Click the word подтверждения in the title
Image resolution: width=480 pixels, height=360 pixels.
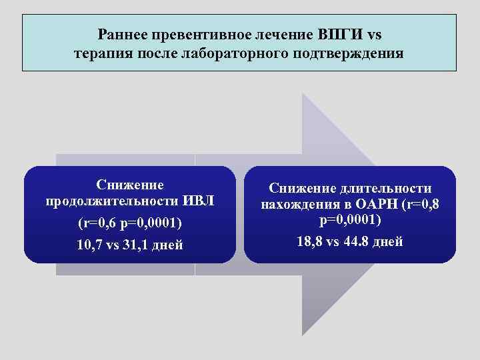pyautogui.click(x=347, y=52)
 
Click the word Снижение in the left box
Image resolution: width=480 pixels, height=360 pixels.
pyautogui.click(x=130, y=184)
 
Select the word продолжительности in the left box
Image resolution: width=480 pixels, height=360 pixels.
pyautogui.click(x=110, y=201)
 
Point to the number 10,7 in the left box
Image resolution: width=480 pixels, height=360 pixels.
pyautogui.click(x=90, y=245)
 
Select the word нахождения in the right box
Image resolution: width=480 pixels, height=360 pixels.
pyautogui.click(x=297, y=205)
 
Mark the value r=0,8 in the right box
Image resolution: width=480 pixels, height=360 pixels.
pyautogui.click(x=423, y=205)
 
